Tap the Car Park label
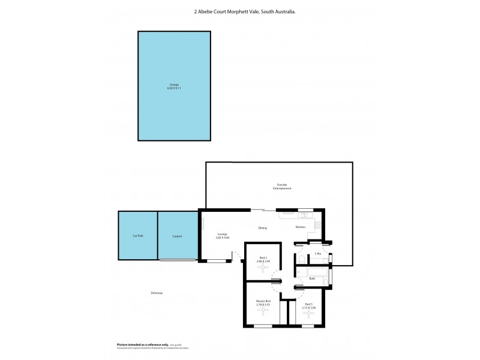(138, 236)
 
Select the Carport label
(177, 236)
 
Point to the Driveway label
(157, 293)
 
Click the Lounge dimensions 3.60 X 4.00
(223, 238)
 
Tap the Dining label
(262, 228)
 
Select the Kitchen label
(301, 227)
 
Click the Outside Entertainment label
(284, 187)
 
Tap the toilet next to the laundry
(301, 259)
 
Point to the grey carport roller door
(178, 260)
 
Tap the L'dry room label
(318, 254)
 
